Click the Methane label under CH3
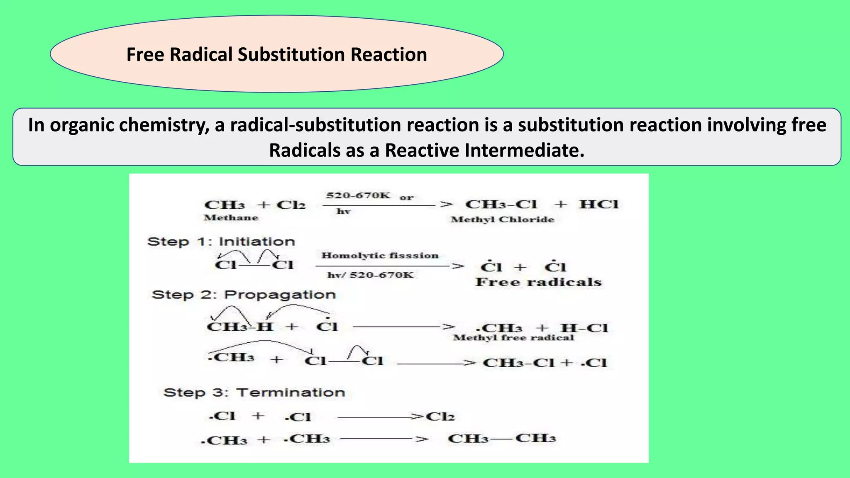pyautogui.click(x=231, y=218)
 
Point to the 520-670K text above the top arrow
pyautogui.click(x=358, y=195)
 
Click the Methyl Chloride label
pyautogui.click(x=502, y=219)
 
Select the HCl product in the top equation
pyautogui.click(x=598, y=204)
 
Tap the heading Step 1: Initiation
pyautogui.click(x=221, y=241)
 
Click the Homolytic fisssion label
pyautogui.click(x=380, y=256)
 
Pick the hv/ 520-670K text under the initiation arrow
pyautogui.click(x=370, y=275)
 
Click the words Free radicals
pyautogui.click(x=538, y=283)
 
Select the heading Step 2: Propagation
pyautogui.click(x=244, y=295)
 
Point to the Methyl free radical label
pyautogui.click(x=513, y=338)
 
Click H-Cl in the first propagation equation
pyautogui.click(x=584, y=328)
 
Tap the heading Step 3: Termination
pyautogui.click(x=254, y=393)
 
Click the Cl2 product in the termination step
pyautogui.click(x=440, y=417)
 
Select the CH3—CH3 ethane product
pyautogui.click(x=502, y=439)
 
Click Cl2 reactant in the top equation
pyautogui.click(x=291, y=205)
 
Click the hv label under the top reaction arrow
pyautogui.click(x=343, y=212)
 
